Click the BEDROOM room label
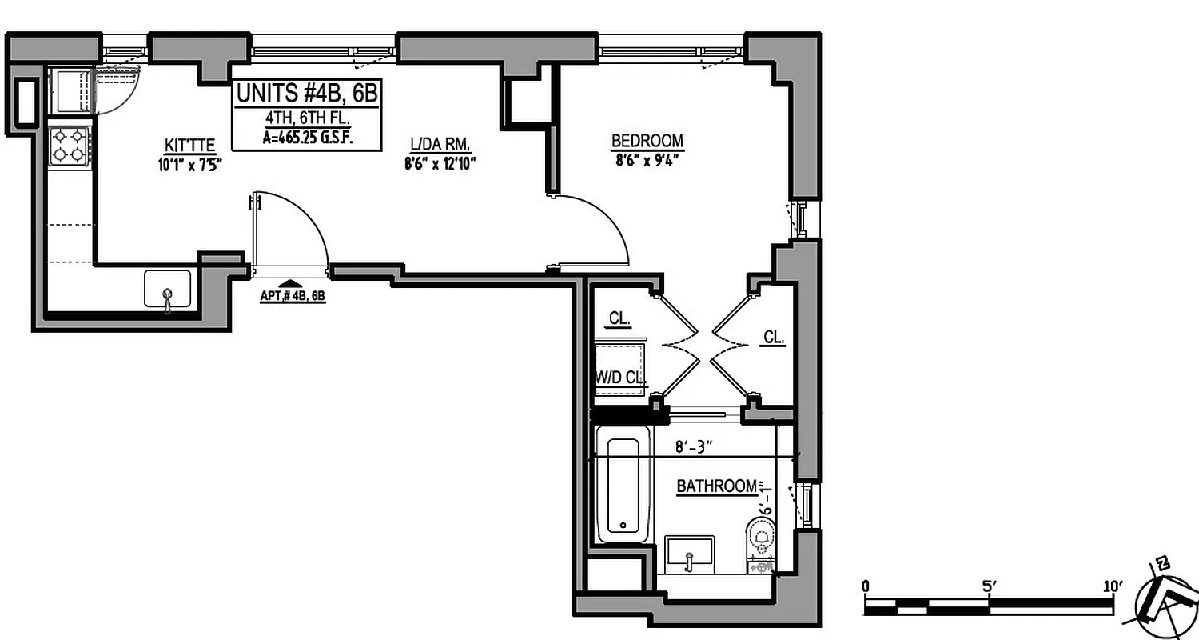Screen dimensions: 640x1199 647,142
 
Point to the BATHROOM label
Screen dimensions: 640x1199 717,486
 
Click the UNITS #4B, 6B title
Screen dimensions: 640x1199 305,94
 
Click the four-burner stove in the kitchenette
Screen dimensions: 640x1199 68,146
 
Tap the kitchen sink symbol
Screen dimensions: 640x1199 167,290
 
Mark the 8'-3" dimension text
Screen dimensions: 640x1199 694,448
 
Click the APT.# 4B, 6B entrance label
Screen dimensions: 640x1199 293,295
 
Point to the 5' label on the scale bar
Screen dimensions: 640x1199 990,586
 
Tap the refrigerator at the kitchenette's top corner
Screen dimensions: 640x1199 70,90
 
